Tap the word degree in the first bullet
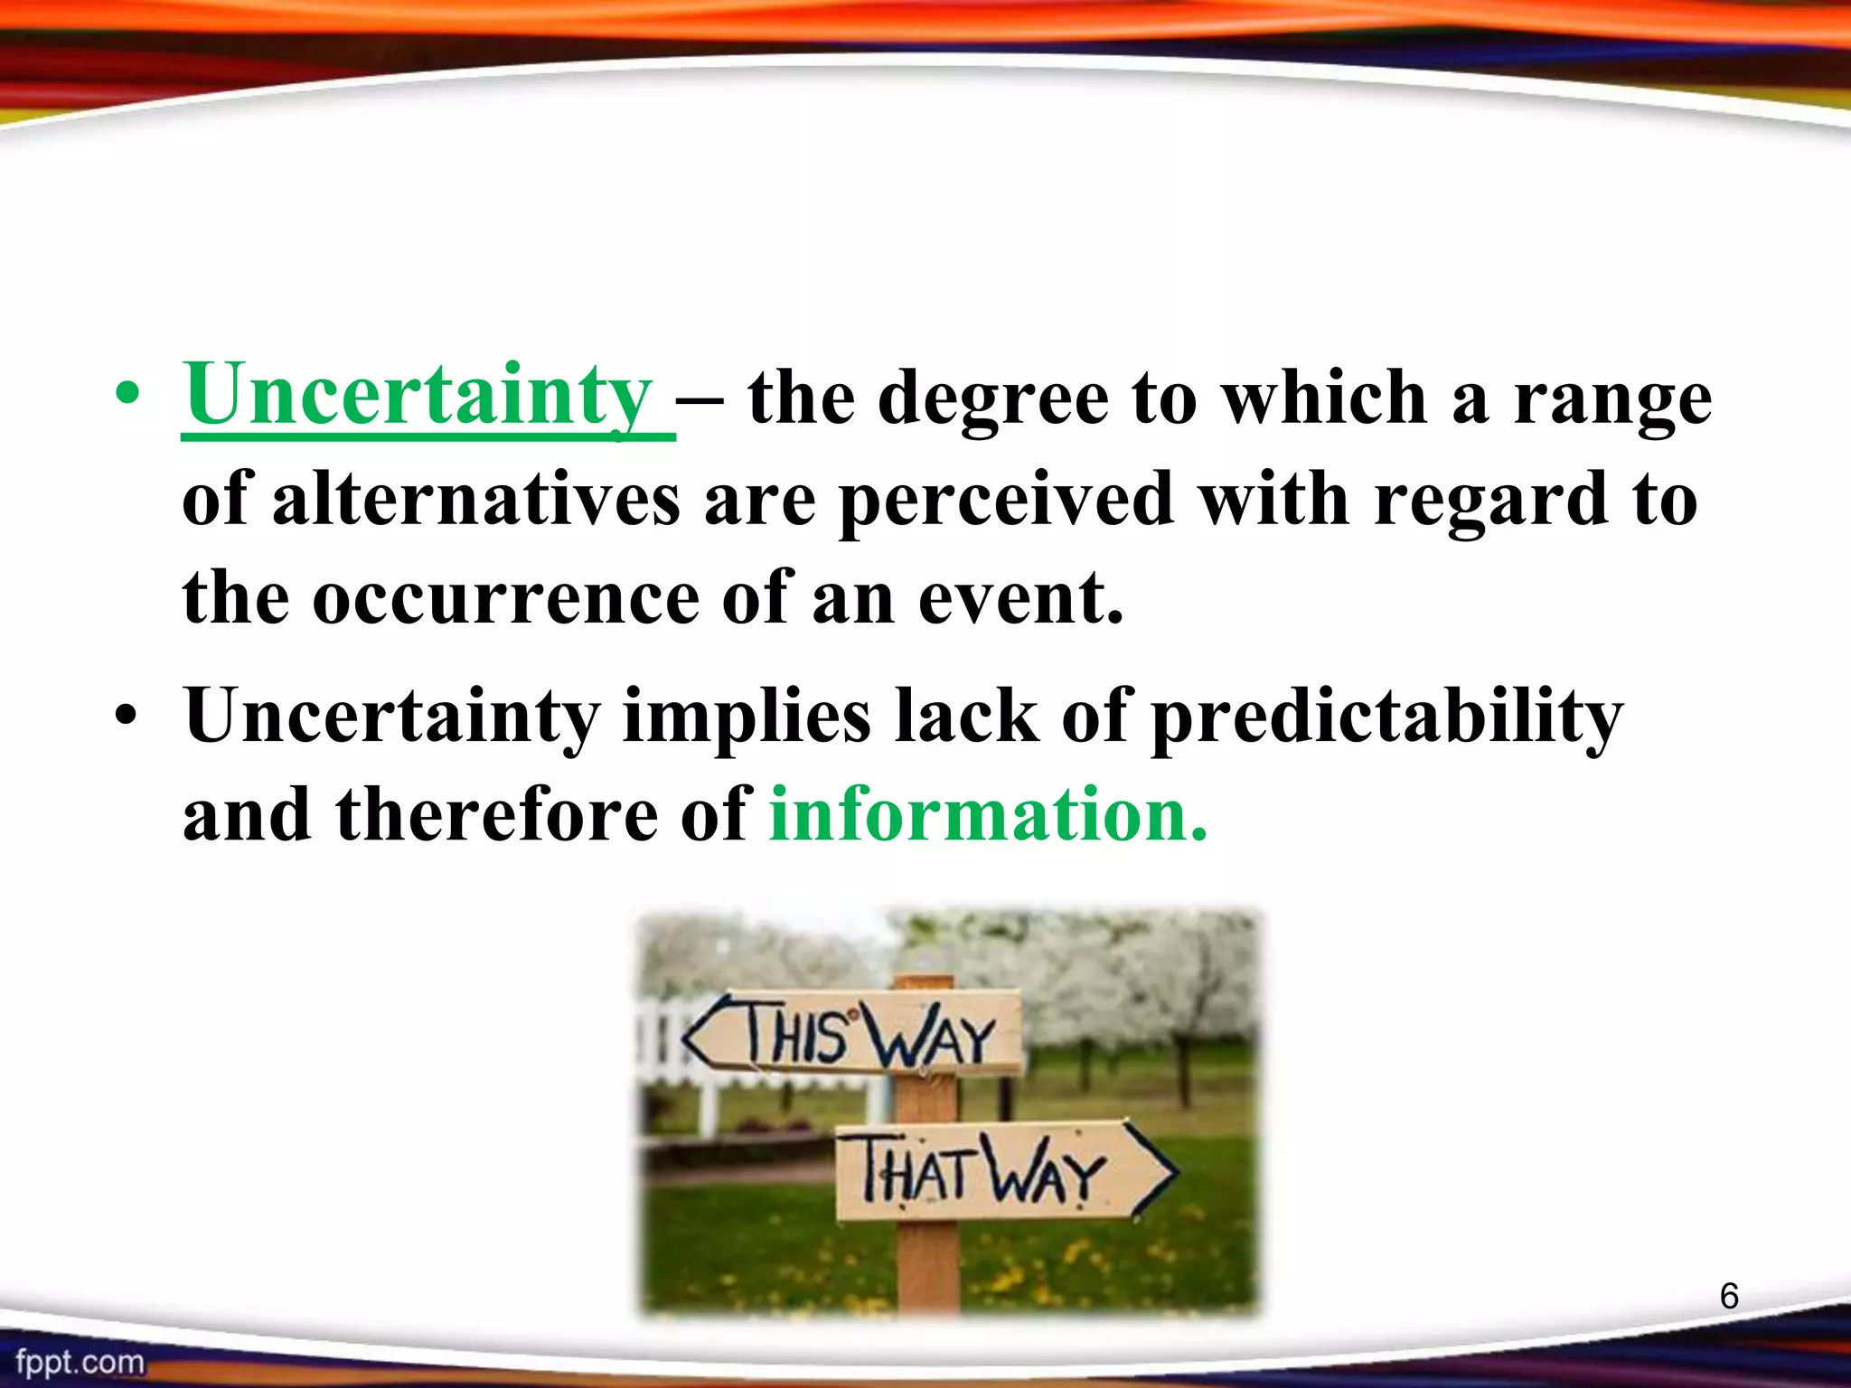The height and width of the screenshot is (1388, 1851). point(992,399)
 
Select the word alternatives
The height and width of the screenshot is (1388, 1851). point(476,500)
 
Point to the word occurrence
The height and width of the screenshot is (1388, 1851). point(506,598)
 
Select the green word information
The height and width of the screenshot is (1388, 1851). point(987,815)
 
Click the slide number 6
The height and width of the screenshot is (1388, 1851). point(1728,1296)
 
